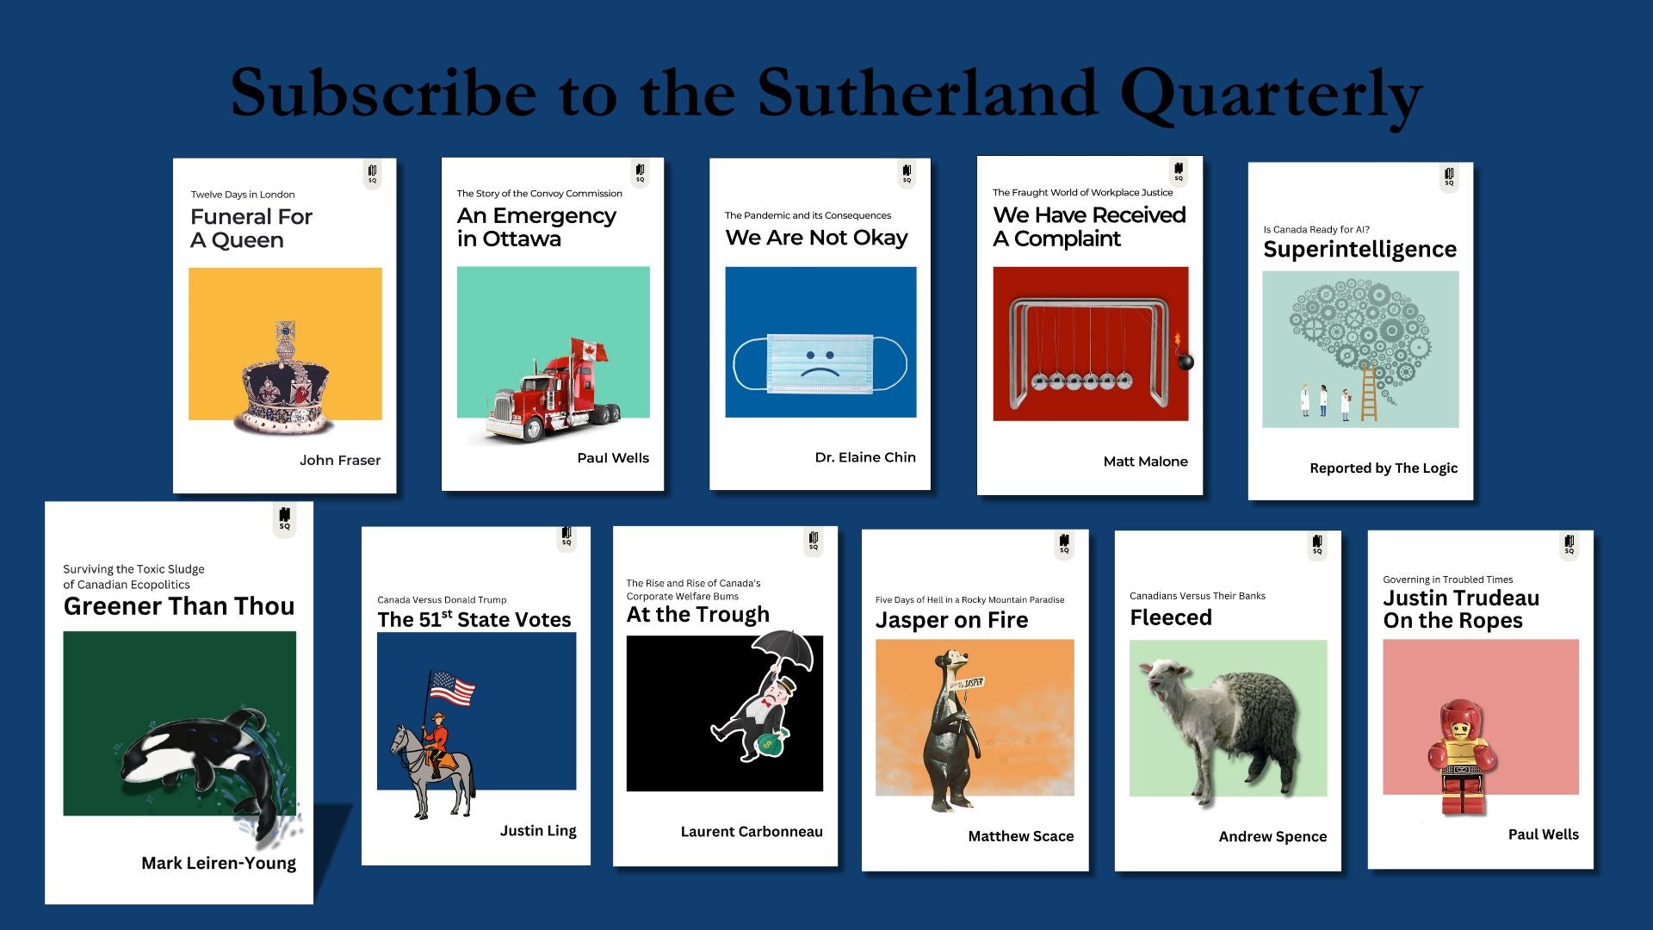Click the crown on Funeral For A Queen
coord(285,379)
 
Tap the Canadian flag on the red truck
coord(589,350)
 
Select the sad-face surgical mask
coord(820,363)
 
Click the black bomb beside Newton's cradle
coord(1185,361)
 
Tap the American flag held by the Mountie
coord(452,689)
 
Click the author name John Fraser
coord(340,461)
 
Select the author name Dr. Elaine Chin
coord(865,457)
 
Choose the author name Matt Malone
coord(1145,462)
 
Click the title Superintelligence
coord(1360,250)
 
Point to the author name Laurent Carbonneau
coord(752,832)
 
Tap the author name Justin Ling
coord(538,831)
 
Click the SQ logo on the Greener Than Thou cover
coord(285,519)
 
